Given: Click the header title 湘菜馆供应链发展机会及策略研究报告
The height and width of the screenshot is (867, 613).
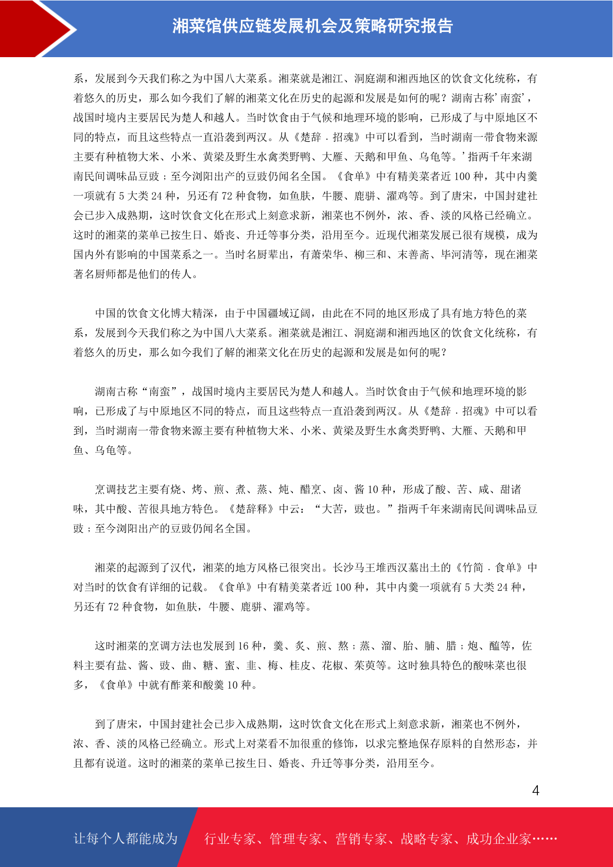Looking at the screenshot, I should tap(312, 26).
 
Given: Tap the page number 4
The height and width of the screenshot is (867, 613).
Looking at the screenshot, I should tap(535, 791).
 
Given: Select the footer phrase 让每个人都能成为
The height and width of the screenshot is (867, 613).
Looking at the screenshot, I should tap(126, 839).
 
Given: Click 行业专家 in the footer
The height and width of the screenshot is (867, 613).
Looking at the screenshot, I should tap(230, 839).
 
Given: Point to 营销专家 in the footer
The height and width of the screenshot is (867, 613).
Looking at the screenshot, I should tap(361, 839).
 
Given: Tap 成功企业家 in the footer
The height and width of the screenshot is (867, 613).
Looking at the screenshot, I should tap(498, 839).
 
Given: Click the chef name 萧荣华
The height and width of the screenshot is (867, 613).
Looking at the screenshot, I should tap(327, 255).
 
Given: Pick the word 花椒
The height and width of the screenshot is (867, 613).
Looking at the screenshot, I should tap(332, 666).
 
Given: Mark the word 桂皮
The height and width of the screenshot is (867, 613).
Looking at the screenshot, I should tap(300, 666).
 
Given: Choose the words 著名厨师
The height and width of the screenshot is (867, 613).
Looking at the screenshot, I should tap(95, 274).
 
